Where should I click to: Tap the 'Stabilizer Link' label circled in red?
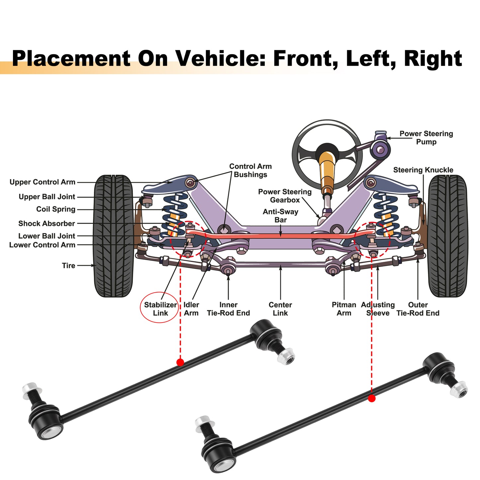pyautogui.click(x=160, y=309)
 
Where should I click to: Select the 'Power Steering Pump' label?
pyautogui.click(x=426, y=138)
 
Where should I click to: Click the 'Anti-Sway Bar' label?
pyautogui.click(x=280, y=216)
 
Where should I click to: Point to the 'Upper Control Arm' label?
pyautogui.click(x=42, y=182)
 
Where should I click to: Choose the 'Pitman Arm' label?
pyautogui.click(x=344, y=309)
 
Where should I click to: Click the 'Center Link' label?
pyautogui.click(x=280, y=309)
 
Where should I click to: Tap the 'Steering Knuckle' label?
pyautogui.click(x=423, y=170)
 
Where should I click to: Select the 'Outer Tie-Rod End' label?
pyautogui.click(x=418, y=309)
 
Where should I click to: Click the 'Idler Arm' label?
pyautogui.click(x=191, y=309)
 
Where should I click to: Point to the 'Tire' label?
pyautogui.click(x=68, y=265)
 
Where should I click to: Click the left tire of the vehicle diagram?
pyautogui.click(x=113, y=236)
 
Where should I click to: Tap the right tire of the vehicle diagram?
pyautogui.click(x=448, y=236)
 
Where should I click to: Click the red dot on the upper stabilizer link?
pyautogui.click(x=180, y=362)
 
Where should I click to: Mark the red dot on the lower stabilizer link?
pyautogui.click(x=372, y=398)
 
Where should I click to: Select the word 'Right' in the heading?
pyautogui.click(x=433, y=59)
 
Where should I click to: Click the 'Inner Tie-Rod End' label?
pyautogui.click(x=229, y=309)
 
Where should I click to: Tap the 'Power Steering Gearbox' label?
pyautogui.click(x=285, y=196)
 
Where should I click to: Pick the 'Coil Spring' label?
pyautogui.click(x=56, y=209)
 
